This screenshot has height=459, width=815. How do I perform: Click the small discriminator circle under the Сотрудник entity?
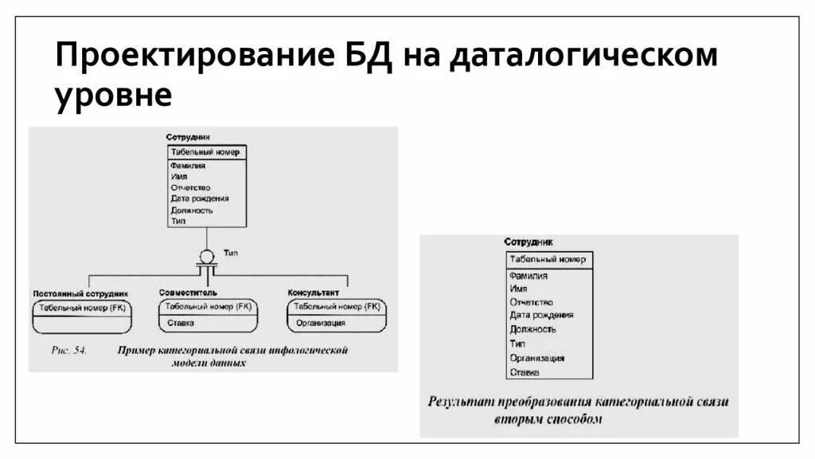pos(206,257)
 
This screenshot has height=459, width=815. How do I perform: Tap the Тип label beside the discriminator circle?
pos(232,252)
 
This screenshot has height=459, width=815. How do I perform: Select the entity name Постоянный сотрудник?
pos(80,293)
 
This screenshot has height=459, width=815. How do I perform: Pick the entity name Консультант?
pos(313,292)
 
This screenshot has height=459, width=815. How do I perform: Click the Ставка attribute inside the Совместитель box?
pos(181,323)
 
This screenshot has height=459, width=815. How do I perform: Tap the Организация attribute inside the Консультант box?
pos(321,323)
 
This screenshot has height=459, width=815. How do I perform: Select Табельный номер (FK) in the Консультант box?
pos(337,306)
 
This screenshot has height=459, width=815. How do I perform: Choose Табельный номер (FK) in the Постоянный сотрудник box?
pos(82,307)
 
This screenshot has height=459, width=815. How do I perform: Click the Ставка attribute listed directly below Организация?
pos(524,372)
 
